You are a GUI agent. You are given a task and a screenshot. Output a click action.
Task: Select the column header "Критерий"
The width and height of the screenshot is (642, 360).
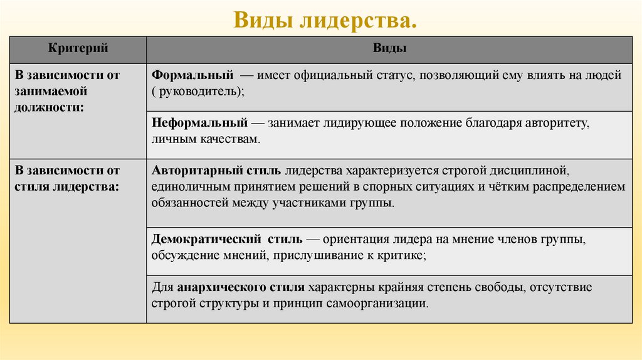[79, 48]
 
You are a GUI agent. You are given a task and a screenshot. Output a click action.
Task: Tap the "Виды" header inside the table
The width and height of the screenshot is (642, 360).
[389, 48]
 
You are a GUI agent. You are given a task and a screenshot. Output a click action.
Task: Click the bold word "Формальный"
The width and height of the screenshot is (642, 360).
[192, 75]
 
